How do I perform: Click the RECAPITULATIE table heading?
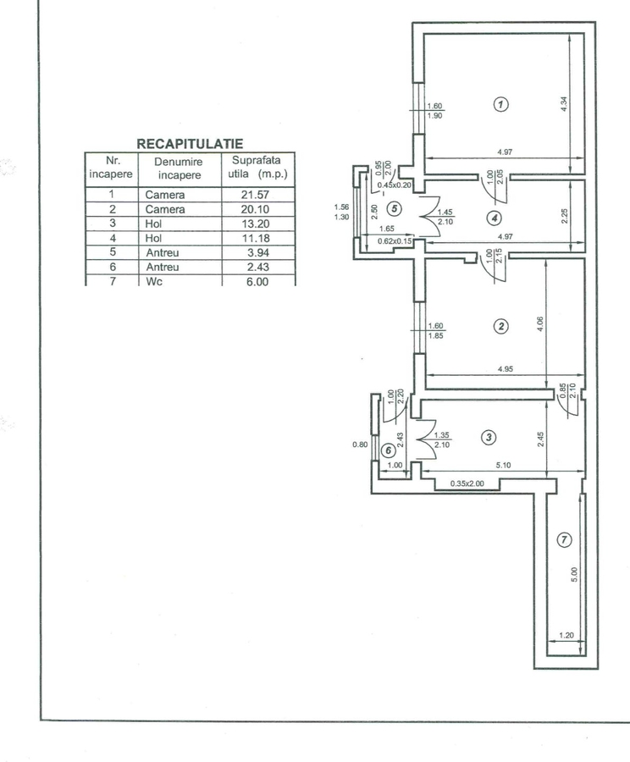[190, 145]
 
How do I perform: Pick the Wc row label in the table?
[152, 281]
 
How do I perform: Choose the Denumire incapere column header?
[178, 167]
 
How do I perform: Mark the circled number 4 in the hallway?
[495, 217]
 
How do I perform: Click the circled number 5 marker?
[392, 207]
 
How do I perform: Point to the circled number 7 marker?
[565, 539]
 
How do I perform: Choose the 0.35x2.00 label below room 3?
[466, 483]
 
